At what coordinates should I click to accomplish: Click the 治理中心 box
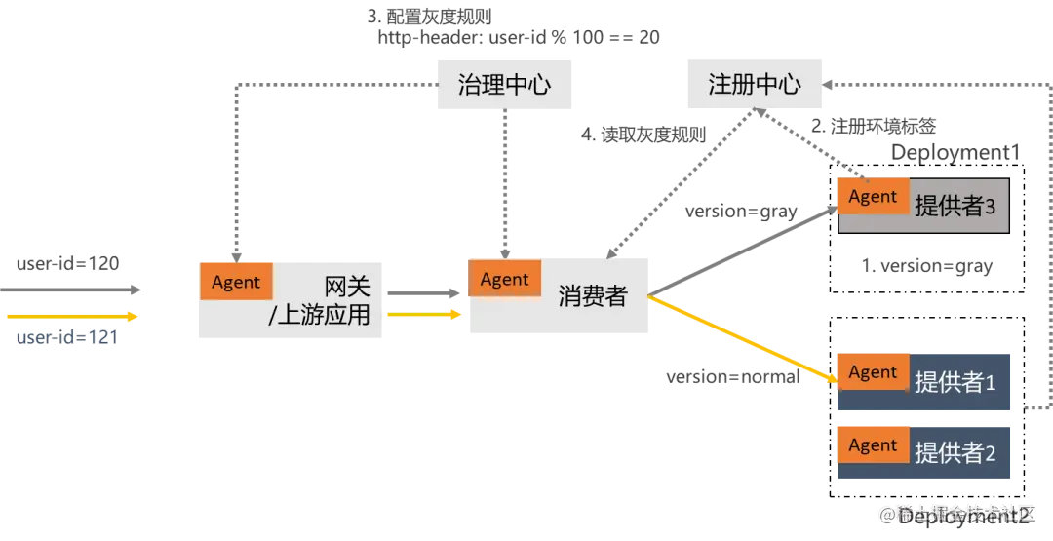point(505,84)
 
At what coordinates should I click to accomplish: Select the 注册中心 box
point(755,84)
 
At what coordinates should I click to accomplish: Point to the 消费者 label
point(593,296)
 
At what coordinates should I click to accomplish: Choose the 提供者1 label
point(955,382)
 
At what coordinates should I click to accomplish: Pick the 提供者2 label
point(955,453)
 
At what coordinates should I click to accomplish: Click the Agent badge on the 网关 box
point(236,283)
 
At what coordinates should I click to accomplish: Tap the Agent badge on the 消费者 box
point(504,280)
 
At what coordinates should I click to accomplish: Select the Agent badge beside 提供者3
point(873,197)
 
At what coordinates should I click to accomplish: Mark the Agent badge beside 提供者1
point(873,372)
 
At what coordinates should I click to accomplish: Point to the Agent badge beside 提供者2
point(873,445)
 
